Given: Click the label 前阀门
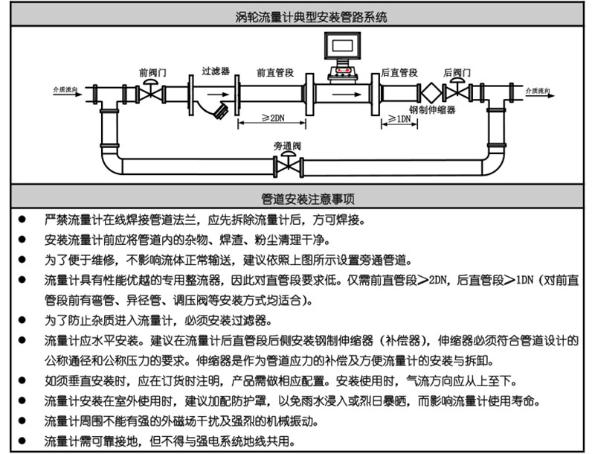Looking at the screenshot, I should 152,73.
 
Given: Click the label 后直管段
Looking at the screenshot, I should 399,73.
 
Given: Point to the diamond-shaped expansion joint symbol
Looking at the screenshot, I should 431,95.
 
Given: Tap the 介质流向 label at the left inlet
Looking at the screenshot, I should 66,89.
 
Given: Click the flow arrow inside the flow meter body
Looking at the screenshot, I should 343,95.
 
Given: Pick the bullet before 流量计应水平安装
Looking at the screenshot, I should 22,340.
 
